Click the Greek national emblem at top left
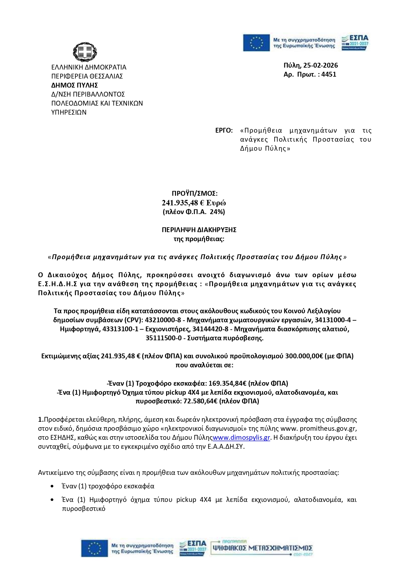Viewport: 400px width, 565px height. tap(85, 52)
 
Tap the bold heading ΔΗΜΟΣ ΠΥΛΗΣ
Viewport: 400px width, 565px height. tap(74, 85)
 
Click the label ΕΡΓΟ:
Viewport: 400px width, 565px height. tap(224, 130)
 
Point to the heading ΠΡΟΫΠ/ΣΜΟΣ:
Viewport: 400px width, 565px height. tap(194, 193)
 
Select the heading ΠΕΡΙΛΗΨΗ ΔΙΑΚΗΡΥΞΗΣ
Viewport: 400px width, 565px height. tap(199, 230)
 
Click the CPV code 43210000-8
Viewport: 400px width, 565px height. tap(163, 320)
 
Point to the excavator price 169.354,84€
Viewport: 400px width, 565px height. tap(228, 383)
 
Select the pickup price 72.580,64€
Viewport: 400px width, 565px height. tap(200, 401)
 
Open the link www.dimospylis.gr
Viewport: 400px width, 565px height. tap(241, 438)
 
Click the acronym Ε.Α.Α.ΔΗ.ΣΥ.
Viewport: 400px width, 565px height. tap(226, 447)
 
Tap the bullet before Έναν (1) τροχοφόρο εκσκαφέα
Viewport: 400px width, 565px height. tap(52, 486)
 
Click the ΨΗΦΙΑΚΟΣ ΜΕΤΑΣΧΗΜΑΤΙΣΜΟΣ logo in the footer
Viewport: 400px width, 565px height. tap(262, 548)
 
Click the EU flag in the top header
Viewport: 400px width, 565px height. tap(256, 43)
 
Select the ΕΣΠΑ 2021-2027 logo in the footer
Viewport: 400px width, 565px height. tap(193, 548)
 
